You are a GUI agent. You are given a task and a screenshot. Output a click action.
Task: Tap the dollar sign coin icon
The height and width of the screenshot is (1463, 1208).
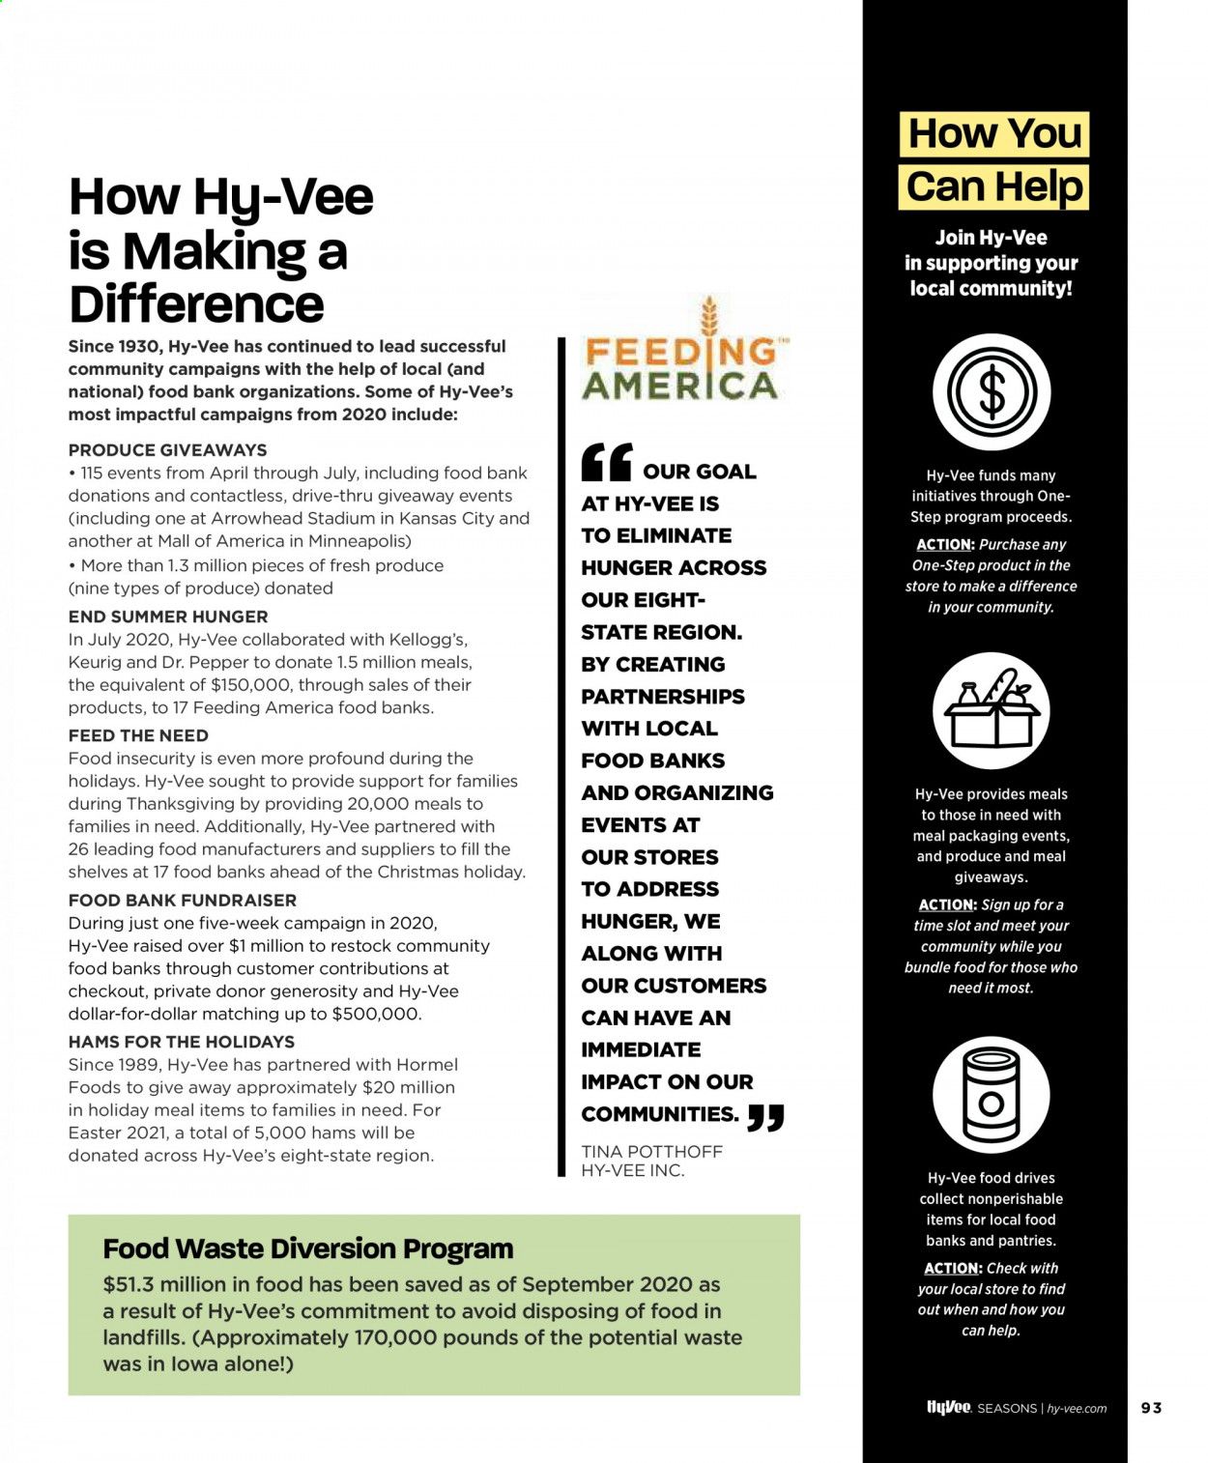pos(992,392)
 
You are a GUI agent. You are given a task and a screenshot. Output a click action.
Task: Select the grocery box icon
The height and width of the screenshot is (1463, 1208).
pos(992,711)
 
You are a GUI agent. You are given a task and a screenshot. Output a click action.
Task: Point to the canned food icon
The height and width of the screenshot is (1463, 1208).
pos(992,1095)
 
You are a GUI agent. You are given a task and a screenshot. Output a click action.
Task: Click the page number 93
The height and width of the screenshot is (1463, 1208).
pos(1151,1408)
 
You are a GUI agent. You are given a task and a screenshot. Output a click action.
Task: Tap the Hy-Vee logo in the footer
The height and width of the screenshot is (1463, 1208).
pos(948,1408)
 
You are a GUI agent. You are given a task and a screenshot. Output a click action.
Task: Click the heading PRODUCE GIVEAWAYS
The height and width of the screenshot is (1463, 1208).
pos(167,450)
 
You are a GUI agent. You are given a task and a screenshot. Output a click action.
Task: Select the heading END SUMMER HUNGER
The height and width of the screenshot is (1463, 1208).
pos(168,617)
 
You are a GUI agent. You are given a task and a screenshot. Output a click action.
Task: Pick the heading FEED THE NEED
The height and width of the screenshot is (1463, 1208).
pos(138,735)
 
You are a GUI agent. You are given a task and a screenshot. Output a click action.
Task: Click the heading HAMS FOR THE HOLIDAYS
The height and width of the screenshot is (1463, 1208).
pos(182,1042)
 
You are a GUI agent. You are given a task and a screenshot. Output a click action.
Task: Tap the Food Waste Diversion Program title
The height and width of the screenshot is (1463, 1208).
pos(307,1248)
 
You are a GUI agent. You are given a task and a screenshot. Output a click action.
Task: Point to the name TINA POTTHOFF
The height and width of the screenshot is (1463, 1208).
pos(651,1152)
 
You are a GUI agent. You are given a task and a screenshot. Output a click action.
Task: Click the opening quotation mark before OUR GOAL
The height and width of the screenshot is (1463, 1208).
pos(607,463)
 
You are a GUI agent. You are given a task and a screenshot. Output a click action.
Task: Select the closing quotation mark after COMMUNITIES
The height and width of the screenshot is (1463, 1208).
pos(765,1118)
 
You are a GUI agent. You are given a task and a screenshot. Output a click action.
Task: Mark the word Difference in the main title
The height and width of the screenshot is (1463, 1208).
pos(196,304)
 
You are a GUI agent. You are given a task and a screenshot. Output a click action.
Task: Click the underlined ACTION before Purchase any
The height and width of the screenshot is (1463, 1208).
pos(944,545)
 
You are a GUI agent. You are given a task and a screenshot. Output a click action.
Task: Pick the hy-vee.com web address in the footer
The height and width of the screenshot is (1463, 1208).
pos(1077,1409)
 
